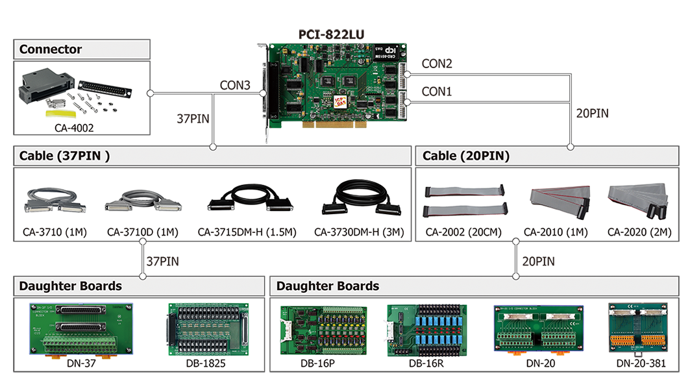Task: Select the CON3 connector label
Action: pos(235,85)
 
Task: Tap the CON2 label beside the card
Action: pos(437,63)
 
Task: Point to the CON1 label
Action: pos(437,92)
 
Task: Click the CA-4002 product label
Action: pos(74,128)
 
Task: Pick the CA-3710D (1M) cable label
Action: pos(142,232)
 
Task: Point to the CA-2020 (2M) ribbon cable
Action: pos(637,199)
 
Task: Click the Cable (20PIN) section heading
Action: pos(466,156)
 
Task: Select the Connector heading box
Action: pos(51,49)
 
